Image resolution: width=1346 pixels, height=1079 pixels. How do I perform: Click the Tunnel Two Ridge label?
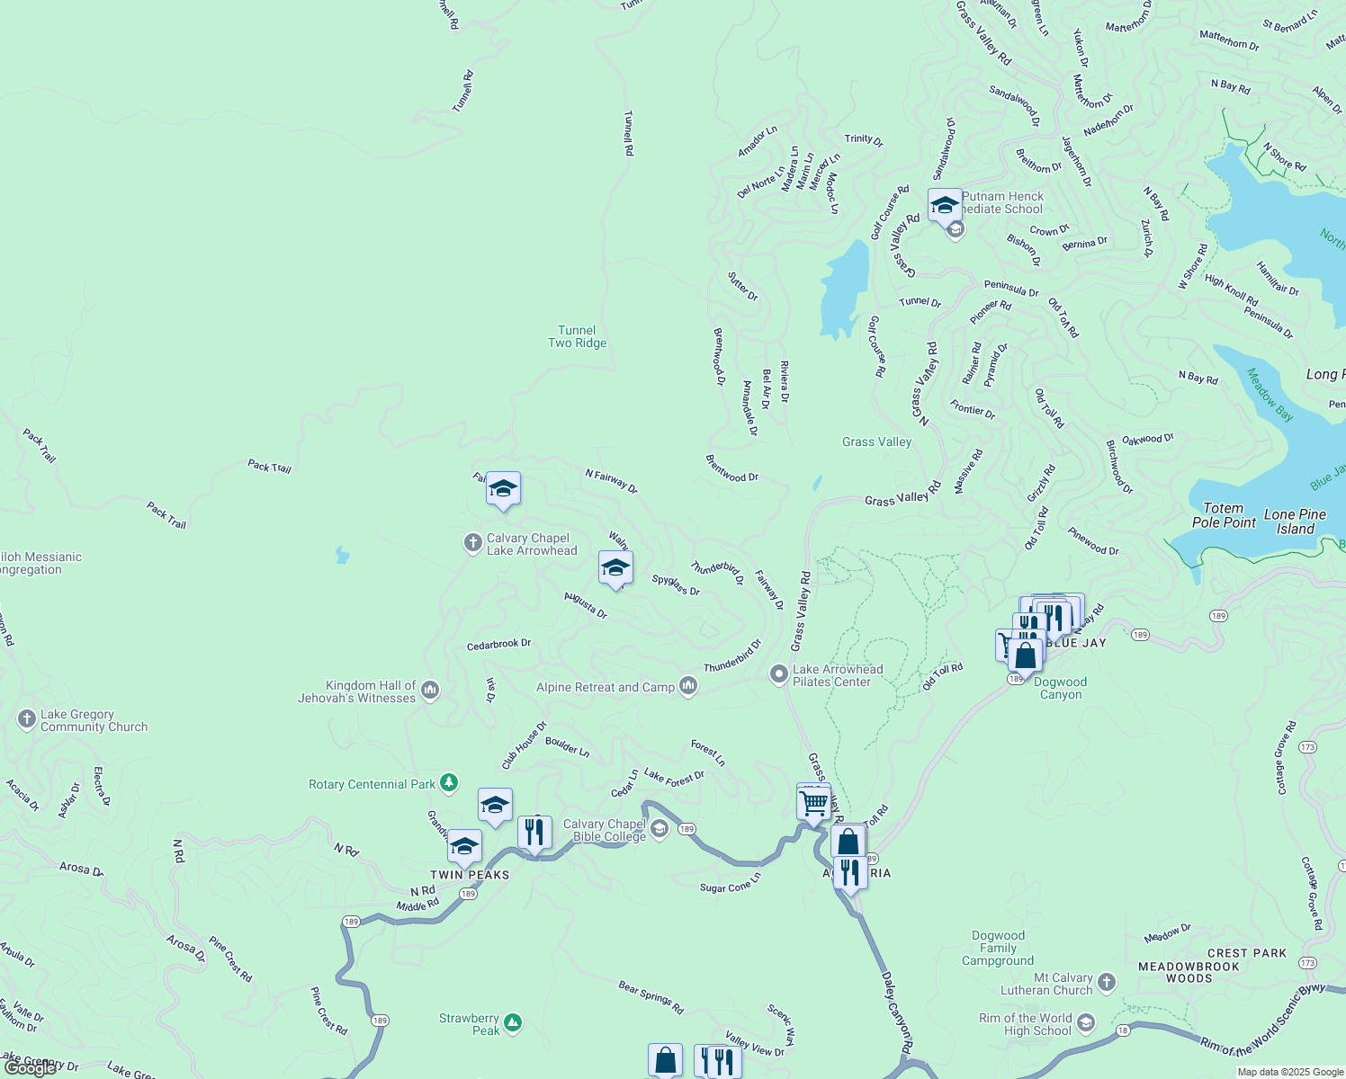click(577, 336)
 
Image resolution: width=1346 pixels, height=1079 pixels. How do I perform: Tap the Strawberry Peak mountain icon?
click(513, 1022)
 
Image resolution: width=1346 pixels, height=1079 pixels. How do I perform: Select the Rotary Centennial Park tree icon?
click(449, 783)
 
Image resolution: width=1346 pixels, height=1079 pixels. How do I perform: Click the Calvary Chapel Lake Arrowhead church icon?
click(472, 543)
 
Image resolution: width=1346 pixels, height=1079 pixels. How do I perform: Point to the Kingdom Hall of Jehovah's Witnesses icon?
click(430, 690)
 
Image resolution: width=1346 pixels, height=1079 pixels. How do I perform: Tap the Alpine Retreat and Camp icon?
click(689, 686)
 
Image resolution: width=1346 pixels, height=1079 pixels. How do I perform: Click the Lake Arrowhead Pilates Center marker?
click(779, 674)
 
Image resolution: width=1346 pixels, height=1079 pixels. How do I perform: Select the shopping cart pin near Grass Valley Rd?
click(813, 802)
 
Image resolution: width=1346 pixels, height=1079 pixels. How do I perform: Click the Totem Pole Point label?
click(1224, 515)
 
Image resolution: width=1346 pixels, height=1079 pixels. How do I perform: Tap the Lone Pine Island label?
click(1295, 522)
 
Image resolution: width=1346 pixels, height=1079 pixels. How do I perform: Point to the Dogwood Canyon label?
click(1061, 688)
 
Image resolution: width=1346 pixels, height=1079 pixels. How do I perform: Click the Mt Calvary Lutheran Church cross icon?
click(1107, 982)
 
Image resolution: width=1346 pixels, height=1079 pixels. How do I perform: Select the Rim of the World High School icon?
click(1087, 1022)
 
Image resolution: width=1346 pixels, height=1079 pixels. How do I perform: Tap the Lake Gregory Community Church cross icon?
click(26, 718)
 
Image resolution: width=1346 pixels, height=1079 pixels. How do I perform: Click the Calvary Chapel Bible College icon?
click(660, 829)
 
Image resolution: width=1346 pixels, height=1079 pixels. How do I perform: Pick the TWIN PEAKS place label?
click(470, 875)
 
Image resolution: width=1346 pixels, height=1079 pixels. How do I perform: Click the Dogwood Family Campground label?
click(998, 948)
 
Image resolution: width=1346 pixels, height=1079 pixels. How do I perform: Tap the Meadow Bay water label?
click(1270, 395)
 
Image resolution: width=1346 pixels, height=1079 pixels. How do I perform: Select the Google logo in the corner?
click(30, 1068)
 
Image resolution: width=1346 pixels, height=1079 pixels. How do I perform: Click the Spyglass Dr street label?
click(676, 585)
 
